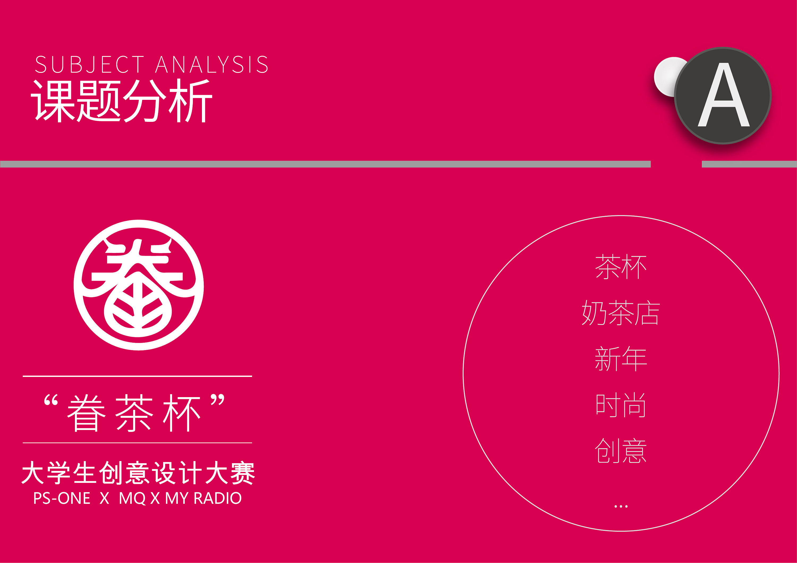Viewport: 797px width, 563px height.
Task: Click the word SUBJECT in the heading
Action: [x=90, y=64]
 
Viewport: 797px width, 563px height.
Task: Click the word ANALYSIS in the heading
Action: [x=211, y=64]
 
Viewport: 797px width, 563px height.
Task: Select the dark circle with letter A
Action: [x=723, y=95]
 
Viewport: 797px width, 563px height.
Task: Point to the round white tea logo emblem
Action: [x=138, y=285]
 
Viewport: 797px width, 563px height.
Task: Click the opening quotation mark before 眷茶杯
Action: [x=51, y=400]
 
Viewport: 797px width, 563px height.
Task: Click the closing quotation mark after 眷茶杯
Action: [x=218, y=399]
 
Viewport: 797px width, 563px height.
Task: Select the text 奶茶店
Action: [x=621, y=312]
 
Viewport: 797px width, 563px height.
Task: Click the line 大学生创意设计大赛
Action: [x=138, y=472]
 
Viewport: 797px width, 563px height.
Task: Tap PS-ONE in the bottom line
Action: [x=62, y=498]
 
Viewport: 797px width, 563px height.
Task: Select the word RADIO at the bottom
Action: [x=218, y=498]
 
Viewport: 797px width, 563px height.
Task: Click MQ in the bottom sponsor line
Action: [x=132, y=498]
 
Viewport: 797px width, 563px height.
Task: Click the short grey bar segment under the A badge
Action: [x=749, y=164]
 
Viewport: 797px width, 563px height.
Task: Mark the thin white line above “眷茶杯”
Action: [x=137, y=376]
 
